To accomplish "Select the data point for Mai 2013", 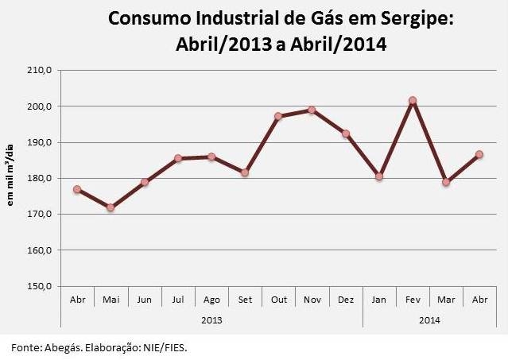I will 111,207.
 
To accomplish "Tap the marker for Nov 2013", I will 312,110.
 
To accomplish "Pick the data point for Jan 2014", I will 379,176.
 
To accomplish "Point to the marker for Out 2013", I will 278,116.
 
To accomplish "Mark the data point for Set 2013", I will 245,172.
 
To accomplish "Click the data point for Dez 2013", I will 345,134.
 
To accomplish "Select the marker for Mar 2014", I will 446,182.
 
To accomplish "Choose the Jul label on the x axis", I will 178,300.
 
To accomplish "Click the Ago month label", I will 211,300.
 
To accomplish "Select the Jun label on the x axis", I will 144,300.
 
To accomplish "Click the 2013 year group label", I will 211,319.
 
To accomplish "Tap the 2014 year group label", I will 429,319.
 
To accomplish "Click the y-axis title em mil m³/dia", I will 12,179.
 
